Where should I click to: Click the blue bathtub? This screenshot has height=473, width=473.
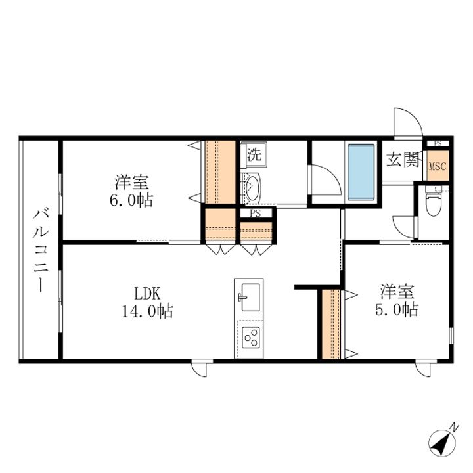click(361, 172)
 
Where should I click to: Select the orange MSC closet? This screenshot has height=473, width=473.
click(438, 166)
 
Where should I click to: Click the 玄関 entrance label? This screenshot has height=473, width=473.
click(403, 159)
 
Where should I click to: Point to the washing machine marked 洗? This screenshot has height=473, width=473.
click(254, 154)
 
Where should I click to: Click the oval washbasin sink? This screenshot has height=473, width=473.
click(252, 188)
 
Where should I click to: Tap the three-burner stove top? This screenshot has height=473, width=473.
click(251, 338)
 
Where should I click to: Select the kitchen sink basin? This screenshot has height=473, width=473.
click(250, 297)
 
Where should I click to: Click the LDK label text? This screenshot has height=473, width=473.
click(147, 293)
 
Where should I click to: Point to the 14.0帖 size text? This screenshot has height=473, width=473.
click(148, 311)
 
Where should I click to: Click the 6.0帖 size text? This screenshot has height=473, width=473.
click(131, 200)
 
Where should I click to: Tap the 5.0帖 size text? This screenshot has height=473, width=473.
click(397, 309)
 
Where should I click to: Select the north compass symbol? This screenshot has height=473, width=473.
click(443, 442)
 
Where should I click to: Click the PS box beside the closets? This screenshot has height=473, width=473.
click(255, 214)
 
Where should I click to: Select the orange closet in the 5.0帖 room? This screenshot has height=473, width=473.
click(331, 325)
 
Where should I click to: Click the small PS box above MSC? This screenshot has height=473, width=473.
click(438, 143)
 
